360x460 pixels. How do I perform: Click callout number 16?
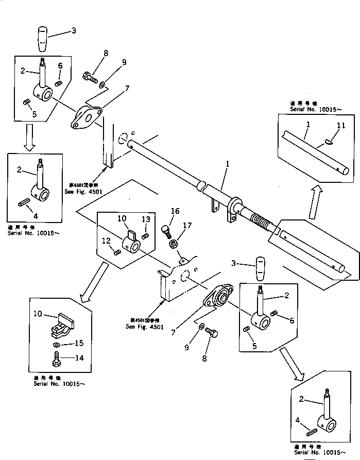click(176, 211)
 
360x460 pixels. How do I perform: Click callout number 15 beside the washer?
click(78, 343)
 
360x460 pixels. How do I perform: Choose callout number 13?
click(147, 219)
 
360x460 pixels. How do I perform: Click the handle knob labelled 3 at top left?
click(43, 40)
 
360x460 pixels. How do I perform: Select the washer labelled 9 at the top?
click(102, 84)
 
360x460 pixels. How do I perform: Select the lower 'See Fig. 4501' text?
click(145, 327)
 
